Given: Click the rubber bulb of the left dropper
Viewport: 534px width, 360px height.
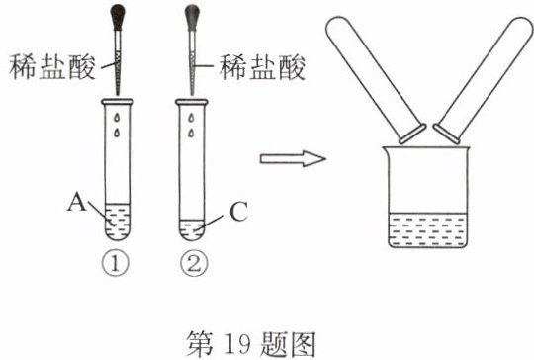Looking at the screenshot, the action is (119, 17).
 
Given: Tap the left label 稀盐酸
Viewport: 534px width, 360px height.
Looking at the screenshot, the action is (52, 67).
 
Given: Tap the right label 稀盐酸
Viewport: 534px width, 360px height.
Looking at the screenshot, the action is (262, 67).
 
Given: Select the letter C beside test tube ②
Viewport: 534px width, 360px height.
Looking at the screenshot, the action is (238, 212).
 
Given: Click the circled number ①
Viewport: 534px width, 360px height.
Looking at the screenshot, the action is (116, 264).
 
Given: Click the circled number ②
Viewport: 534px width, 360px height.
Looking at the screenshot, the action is (194, 264).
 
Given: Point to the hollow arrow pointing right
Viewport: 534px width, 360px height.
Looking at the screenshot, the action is (293, 159).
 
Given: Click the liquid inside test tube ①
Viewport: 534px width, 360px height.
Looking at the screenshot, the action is (118, 222).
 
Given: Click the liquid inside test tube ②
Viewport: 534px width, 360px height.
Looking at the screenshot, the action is (192, 229).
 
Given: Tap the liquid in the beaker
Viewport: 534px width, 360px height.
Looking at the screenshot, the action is (428, 229).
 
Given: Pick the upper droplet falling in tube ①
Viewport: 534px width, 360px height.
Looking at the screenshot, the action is (117, 117).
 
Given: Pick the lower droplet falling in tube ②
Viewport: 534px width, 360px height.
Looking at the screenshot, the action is (191, 133).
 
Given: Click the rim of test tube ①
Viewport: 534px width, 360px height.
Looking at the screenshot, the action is (118, 101).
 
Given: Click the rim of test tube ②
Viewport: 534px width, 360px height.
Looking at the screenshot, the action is (192, 102).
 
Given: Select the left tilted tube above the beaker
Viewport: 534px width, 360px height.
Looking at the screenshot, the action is (376, 80).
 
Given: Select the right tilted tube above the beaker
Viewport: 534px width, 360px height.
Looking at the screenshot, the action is (483, 80).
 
